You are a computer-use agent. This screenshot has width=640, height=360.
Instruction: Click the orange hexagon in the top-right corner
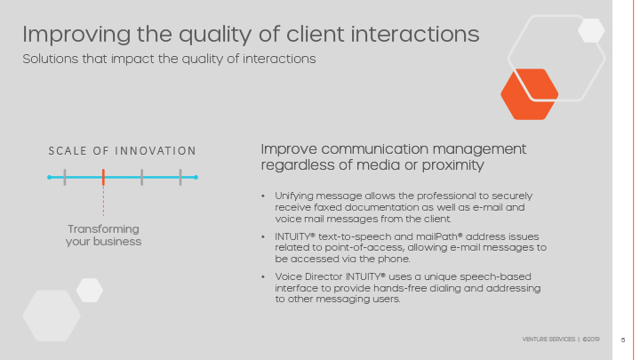pos(530,94)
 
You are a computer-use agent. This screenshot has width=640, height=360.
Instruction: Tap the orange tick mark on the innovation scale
pos(103,177)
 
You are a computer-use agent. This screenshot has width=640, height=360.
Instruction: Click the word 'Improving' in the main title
pos(76,35)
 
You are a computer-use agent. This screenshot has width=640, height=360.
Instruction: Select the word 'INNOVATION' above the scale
pos(155,151)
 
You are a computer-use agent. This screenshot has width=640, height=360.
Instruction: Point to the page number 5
pos(623,340)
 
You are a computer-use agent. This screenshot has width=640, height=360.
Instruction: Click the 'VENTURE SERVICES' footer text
pos(548,340)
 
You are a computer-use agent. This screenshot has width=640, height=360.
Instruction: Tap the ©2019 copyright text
pos(591,340)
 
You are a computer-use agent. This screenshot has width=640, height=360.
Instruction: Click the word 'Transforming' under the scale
pos(103,229)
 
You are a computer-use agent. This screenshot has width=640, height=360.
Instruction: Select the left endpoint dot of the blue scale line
pos(50,177)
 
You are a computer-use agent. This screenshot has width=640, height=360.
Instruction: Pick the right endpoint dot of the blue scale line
pos(196,177)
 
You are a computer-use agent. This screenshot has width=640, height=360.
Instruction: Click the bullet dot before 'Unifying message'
pos(263,196)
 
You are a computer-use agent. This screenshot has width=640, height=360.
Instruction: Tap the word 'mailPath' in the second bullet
pos(439,236)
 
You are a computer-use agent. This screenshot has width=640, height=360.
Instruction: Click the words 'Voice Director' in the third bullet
pos(309,276)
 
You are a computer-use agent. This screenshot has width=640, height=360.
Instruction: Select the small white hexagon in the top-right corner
pos(591,30)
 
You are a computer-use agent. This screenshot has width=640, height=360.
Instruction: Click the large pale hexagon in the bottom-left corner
pos(52,316)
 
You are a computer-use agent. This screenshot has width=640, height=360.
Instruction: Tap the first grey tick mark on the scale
pos(65,177)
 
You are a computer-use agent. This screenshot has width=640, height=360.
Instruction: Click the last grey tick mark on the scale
pos(180,177)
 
